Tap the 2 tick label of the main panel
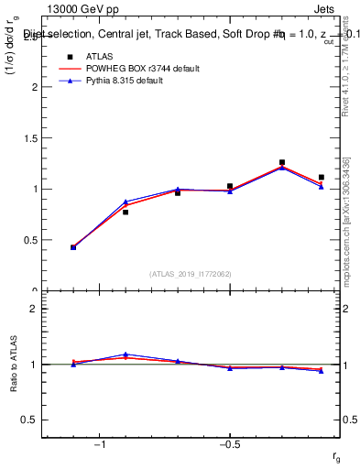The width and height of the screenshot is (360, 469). [34, 87]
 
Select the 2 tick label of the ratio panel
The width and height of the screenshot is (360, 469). [34, 309]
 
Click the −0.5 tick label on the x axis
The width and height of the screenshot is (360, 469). [229, 444]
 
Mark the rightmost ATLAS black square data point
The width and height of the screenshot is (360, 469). [322, 177]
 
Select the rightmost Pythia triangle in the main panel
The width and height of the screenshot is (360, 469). [322, 187]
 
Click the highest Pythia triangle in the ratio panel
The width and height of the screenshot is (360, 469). [125, 354]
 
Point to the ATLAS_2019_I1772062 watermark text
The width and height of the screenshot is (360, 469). [191, 274]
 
